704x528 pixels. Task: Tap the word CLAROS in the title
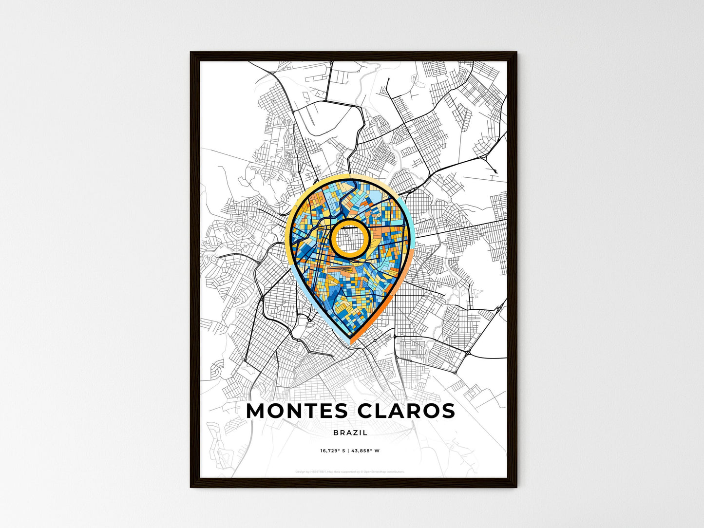(x=406, y=411)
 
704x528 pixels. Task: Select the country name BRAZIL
(x=351, y=433)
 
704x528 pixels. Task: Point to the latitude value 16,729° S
(x=333, y=451)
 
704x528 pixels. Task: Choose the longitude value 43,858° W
(x=366, y=451)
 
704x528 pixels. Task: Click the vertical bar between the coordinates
(x=348, y=451)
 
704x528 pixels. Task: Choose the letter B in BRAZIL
(x=336, y=433)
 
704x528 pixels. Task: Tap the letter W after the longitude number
(x=377, y=451)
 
